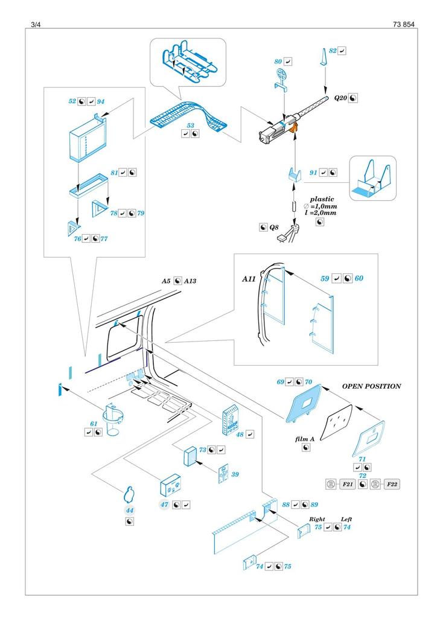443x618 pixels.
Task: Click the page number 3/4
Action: click(34, 24)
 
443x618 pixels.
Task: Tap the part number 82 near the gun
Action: click(332, 51)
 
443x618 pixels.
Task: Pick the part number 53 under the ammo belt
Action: click(191, 125)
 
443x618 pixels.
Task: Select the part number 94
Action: click(101, 102)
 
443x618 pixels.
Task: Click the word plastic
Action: click(321, 199)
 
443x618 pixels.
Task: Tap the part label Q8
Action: click(275, 228)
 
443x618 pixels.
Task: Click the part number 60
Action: click(359, 279)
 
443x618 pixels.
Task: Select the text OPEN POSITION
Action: click(371, 386)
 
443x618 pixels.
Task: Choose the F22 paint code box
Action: click(392, 484)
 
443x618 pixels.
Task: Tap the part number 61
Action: click(94, 424)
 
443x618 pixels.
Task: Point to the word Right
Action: click(317, 518)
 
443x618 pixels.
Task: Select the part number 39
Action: click(235, 474)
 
